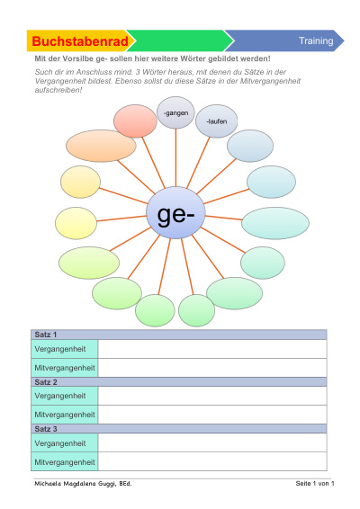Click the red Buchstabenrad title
click(80, 41)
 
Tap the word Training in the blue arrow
click(316, 40)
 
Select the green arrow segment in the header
click(180, 40)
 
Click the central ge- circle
click(175, 212)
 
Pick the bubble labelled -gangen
click(175, 112)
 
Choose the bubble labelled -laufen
click(216, 121)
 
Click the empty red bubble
click(135, 121)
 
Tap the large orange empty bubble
click(101, 146)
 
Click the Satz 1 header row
click(179, 335)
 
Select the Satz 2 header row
click(179, 381)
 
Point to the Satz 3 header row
click(179, 428)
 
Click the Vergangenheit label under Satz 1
click(60, 349)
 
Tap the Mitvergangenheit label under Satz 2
click(65, 415)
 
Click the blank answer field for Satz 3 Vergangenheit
click(212, 442)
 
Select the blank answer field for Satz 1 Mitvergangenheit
click(212, 368)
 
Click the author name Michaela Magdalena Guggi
click(83, 484)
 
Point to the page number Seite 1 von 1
click(315, 483)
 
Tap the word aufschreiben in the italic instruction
click(58, 90)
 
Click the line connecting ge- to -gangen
click(175, 157)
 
